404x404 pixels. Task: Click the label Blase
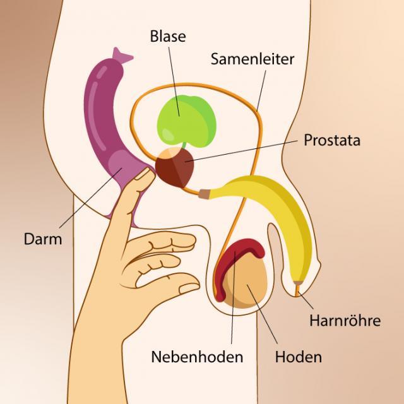click(x=168, y=36)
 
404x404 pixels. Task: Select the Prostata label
click(x=332, y=140)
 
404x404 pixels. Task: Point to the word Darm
click(x=42, y=239)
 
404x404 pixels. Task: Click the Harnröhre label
click(x=345, y=320)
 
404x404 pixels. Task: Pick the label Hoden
click(x=298, y=357)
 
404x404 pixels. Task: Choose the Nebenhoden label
click(x=197, y=357)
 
